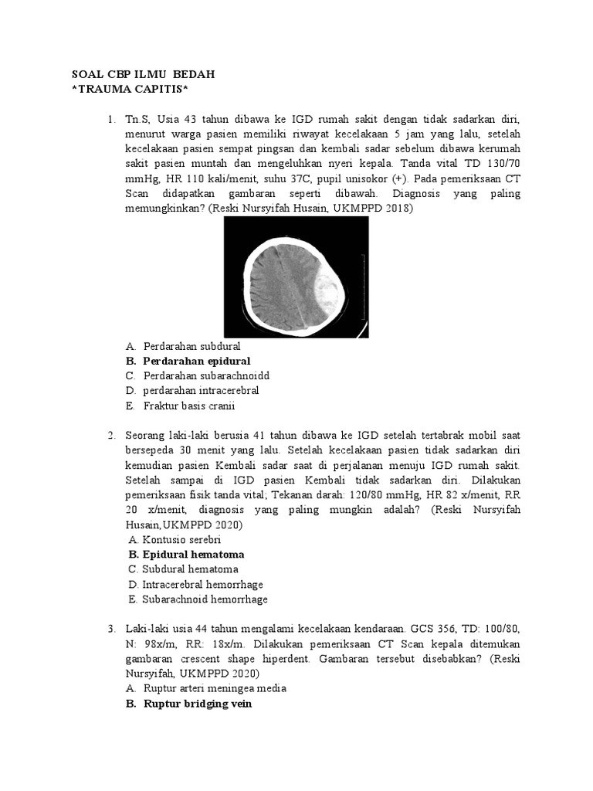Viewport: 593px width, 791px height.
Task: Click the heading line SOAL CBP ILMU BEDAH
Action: pos(143,74)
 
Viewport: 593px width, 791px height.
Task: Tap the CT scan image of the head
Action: pos(296,277)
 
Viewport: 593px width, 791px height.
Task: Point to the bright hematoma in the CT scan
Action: pos(327,296)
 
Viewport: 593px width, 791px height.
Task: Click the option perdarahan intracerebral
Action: pos(201,390)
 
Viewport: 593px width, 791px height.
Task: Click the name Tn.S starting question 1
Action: pos(139,120)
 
